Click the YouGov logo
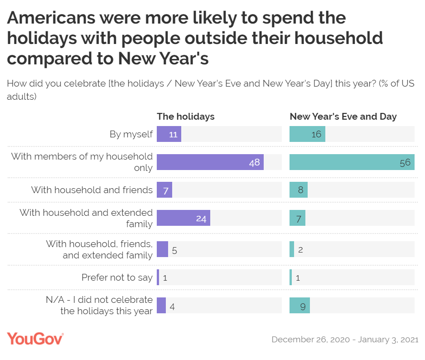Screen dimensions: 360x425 [35, 339]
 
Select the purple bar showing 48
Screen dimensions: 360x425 [210, 162]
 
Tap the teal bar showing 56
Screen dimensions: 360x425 [352, 162]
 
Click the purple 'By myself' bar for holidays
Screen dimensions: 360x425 [169, 134]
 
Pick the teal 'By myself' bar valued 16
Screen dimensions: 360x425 [307, 134]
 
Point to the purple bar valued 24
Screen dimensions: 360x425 [183, 218]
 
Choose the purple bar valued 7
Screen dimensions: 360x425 [164, 190]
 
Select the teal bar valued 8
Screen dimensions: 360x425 [298, 190]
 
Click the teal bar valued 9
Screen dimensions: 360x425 [299, 306]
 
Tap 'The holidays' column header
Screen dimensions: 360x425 [186, 117]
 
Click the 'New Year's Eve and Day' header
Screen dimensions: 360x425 [343, 117]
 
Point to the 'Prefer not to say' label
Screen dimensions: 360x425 [117, 277]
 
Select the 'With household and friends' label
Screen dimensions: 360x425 [92, 190]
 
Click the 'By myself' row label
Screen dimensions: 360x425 [131, 134]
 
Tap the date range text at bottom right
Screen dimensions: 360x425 [345, 340]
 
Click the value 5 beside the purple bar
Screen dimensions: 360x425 [174, 249]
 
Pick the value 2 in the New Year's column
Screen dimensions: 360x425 [300, 249]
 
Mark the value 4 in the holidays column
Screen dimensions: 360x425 [172, 306]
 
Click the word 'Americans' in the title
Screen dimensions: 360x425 [51, 18]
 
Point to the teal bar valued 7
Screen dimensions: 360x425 [297, 218]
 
